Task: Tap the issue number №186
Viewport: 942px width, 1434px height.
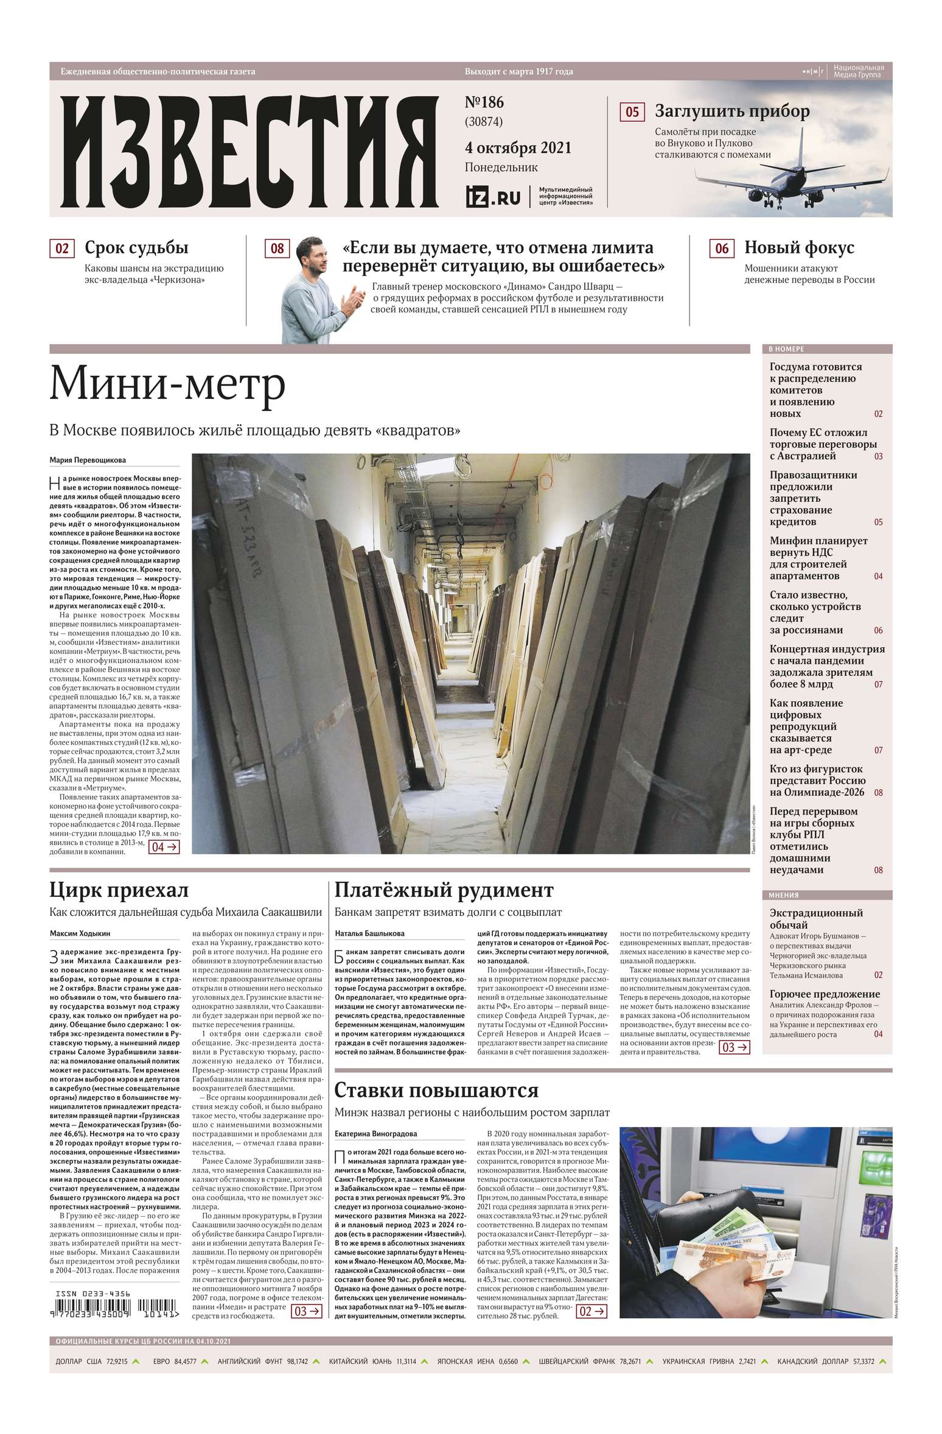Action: (484, 102)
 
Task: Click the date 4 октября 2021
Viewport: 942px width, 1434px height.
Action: (518, 147)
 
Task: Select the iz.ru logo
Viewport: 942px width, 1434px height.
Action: (493, 197)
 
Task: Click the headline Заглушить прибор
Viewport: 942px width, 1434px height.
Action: (731, 111)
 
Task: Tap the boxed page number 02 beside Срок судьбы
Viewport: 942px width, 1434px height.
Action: (62, 248)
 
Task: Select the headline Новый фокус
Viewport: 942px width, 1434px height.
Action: (799, 248)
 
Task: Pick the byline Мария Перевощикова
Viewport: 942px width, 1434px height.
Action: (88, 460)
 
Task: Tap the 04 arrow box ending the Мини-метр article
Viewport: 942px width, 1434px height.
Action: (164, 846)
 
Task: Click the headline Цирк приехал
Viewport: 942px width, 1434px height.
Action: (119, 890)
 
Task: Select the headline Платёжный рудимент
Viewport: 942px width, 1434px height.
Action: (444, 890)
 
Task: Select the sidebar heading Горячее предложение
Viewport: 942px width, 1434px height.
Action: (825, 994)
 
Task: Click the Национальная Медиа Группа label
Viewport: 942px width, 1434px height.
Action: (858, 71)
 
